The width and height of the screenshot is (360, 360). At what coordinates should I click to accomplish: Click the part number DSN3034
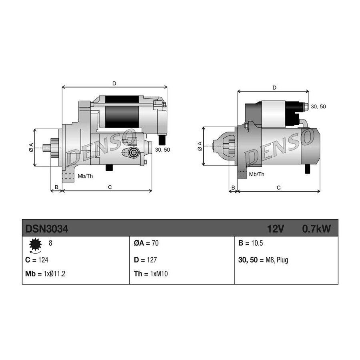(x=47, y=229)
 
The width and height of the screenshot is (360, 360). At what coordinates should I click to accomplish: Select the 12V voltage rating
(x=276, y=229)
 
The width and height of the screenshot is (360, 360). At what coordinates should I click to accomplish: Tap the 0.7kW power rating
(x=316, y=229)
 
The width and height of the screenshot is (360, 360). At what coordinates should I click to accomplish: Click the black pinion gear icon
(x=35, y=244)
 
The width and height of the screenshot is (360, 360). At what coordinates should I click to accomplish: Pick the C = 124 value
(x=37, y=260)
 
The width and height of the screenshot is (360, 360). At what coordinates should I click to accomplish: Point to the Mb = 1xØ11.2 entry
(x=45, y=274)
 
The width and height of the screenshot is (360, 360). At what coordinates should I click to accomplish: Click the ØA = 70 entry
(x=146, y=243)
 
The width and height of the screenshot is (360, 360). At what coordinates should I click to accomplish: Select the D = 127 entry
(x=145, y=260)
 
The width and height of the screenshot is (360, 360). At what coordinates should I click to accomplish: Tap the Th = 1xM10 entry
(x=151, y=274)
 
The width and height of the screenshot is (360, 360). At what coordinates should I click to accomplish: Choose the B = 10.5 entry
(x=251, y=243)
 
